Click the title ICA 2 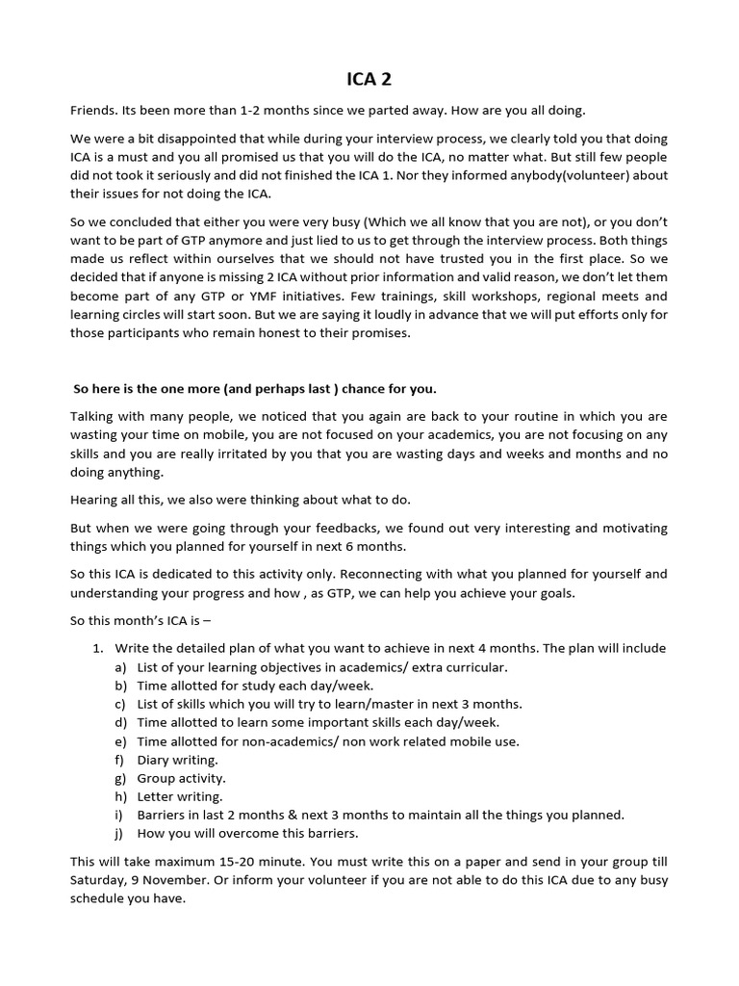click(369, 80)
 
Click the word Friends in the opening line click(95, 111)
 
